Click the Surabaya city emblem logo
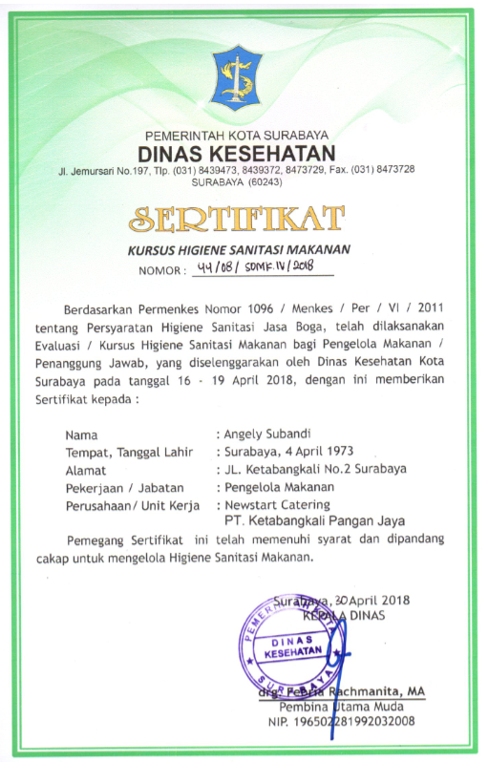(x=235, y=76)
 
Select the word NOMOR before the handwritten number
(x=159, y=270)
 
